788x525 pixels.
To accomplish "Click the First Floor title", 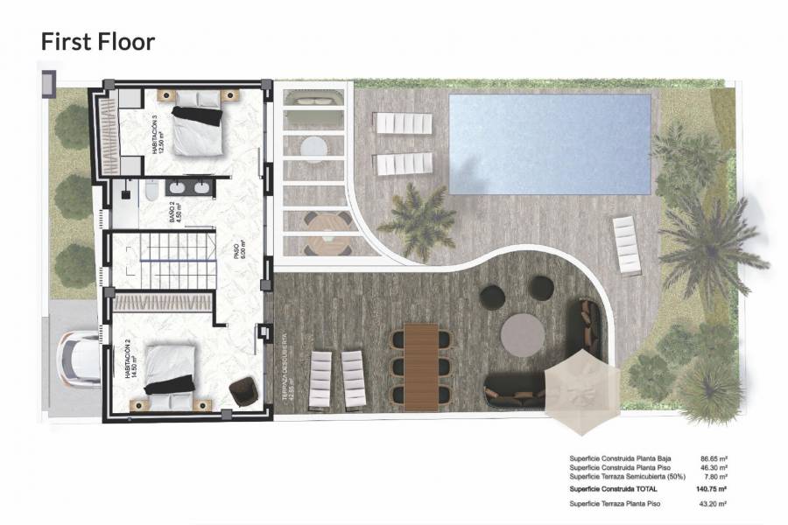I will [98, 41].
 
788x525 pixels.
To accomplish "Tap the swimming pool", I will [550, 143].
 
